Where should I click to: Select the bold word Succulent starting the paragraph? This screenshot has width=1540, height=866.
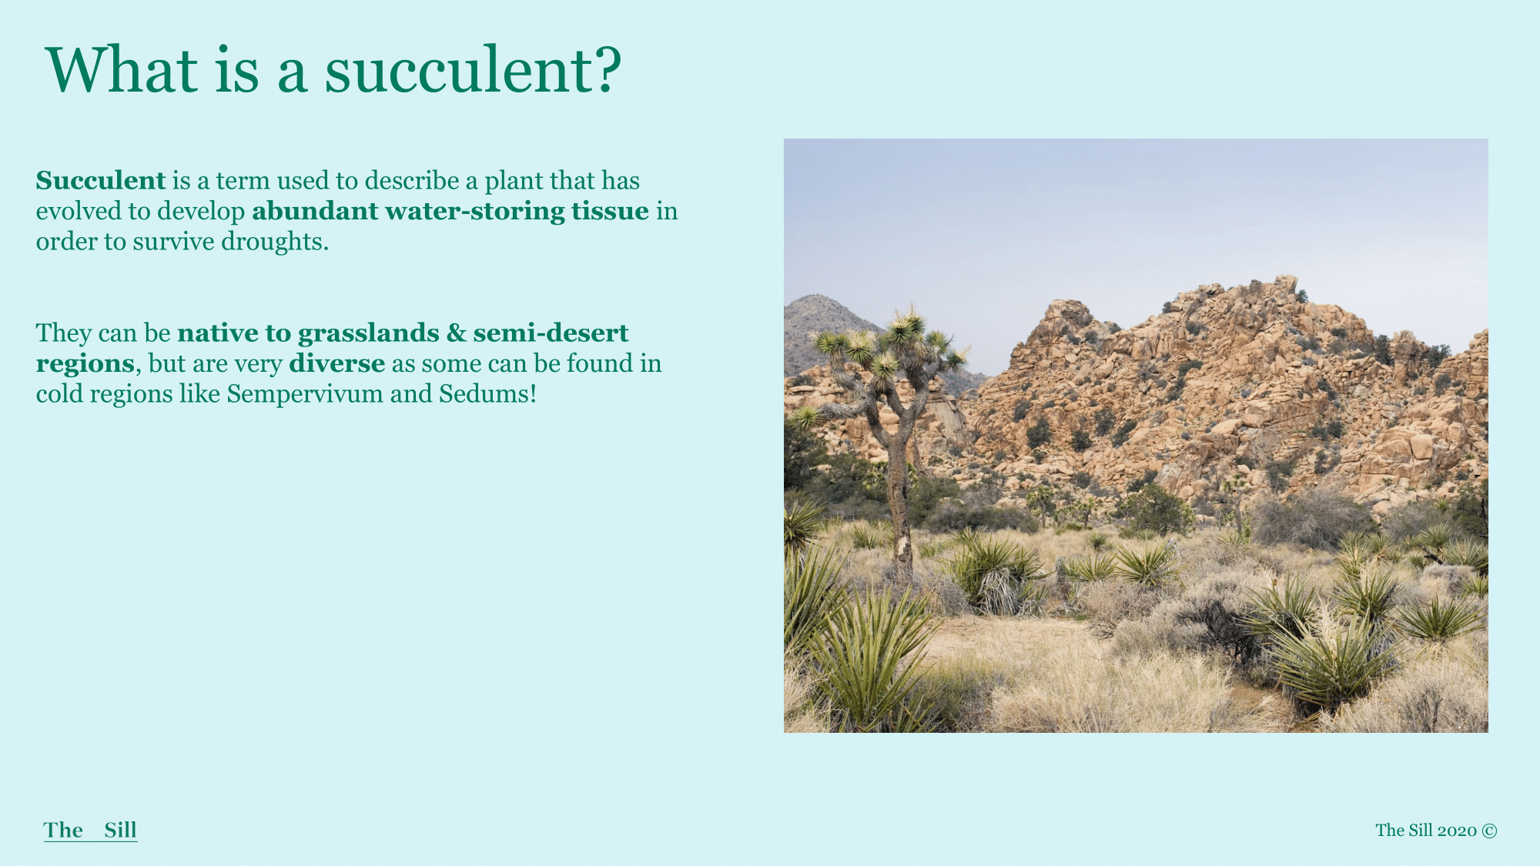point(101,180)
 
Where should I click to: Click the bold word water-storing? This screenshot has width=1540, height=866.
point(475,211)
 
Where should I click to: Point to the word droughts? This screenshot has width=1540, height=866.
point(275,242)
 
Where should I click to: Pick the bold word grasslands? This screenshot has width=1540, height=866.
point(369,333)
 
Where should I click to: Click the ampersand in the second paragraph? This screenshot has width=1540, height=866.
point(457,333)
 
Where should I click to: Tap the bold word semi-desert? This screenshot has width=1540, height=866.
point(551,333)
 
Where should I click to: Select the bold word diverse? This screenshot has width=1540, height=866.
point(337,363)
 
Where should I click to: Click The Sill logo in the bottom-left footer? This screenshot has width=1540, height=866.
point(91,830)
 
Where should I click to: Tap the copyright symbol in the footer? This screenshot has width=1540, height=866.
point(1489,831)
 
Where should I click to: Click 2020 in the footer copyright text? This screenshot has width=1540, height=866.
point(1457,831)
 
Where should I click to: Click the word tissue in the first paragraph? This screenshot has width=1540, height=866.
point(610,211)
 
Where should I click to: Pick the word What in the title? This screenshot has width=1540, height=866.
point(122,70)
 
